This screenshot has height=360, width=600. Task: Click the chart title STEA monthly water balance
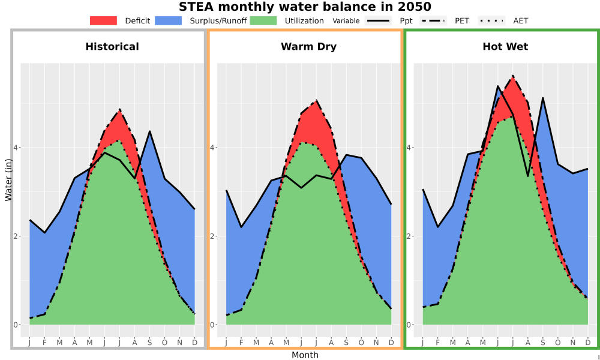[305, 7]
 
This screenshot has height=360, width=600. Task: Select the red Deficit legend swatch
[103, 20]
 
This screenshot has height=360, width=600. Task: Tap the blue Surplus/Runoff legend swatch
[169, 20]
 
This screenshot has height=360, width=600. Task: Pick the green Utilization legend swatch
[263, 20]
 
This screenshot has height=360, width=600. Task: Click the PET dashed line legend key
[433, 20]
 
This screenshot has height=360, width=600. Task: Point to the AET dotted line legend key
[491, 20]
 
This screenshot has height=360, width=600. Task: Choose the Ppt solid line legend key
[378, 20]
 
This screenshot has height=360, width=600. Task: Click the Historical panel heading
[112, 47]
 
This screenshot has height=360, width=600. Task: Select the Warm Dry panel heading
[309, 47]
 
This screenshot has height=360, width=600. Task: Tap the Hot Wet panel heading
[505, 47]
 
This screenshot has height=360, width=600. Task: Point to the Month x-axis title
[305, 355]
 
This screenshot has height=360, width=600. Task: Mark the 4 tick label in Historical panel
[16, 147]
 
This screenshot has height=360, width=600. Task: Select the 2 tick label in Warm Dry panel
[212, 236]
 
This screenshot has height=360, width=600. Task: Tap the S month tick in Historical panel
[149, 343]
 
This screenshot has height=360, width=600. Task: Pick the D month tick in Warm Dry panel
[391, 343]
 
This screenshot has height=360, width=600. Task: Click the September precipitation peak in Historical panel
[149, 131]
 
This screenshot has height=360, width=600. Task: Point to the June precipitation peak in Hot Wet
[497, 86]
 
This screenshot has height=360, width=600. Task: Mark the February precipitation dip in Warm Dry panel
[241, 227]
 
